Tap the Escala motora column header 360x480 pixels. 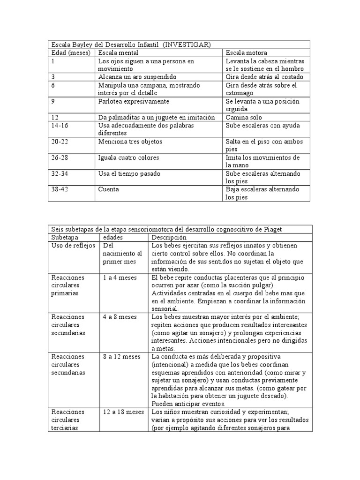(x=246, y=53)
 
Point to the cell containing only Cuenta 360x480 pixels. (x=109, y=189)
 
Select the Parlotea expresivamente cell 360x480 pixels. (x=134, y=101)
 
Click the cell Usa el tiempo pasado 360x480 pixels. (x=129, y=173)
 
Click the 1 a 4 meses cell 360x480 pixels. (x=120, y=277)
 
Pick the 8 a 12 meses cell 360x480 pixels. (x=121, y=356)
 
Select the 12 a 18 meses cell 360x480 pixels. (x=123, y=412)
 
